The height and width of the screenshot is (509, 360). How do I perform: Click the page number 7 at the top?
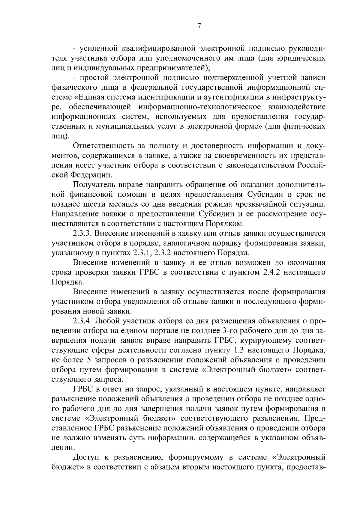[199, 26]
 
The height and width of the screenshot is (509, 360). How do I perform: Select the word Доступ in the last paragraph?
[87, 458]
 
